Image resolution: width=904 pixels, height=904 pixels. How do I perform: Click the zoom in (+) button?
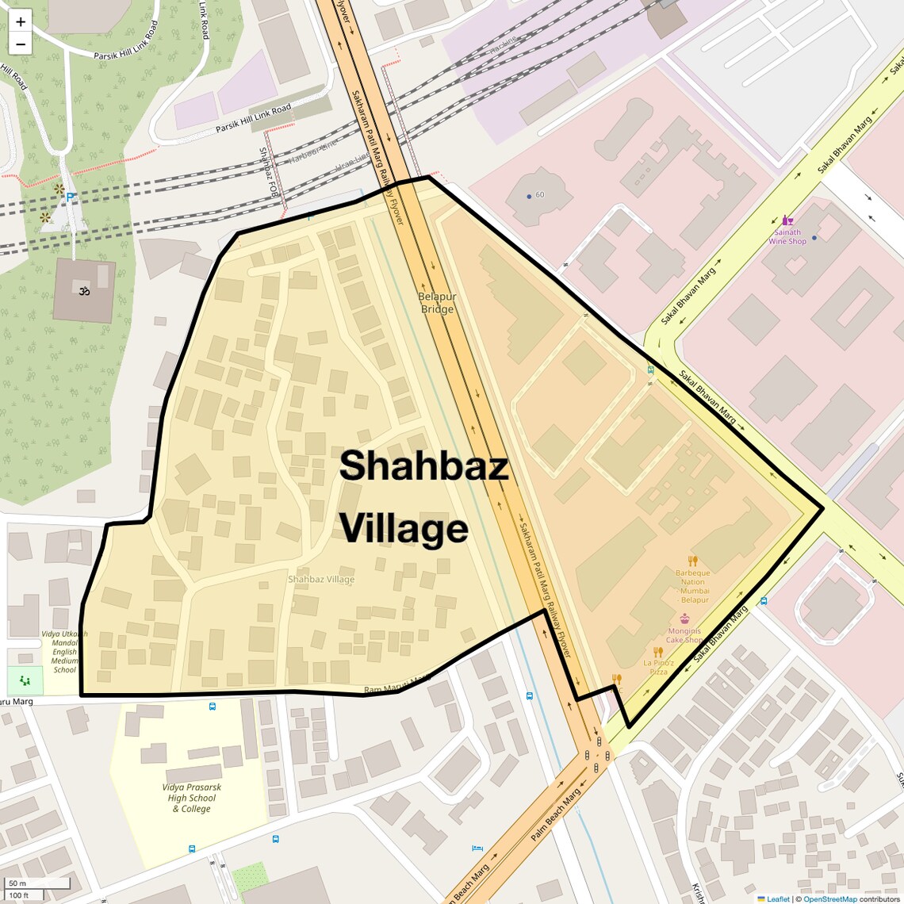click(x=21, y=22)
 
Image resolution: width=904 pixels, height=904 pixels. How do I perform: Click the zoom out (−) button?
click(x=21, y=44)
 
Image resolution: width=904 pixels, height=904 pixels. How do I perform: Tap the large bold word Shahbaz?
click(x=423, y=465)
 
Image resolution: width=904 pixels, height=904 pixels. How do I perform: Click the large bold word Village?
click(x=404, y=529)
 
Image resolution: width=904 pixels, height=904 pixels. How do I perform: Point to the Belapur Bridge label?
click(x=437, y=303)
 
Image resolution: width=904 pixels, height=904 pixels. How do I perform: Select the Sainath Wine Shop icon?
click(x=787, y=220)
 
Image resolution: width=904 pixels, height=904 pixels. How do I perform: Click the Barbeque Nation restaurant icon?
click(x=693, y=561)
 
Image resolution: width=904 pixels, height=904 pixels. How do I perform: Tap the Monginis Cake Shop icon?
click(x=684, y=619)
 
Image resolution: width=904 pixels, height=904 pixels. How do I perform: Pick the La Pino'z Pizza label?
click(x=659, y=667)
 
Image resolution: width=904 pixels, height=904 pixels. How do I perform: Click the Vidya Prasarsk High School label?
click(x=191, y=798)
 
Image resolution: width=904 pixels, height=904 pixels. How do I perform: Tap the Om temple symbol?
click(x=83, y=291)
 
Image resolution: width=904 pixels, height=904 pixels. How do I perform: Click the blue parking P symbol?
click(x=71, y=197)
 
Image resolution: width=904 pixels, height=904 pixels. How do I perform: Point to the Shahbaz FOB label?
click(x=268, y=172)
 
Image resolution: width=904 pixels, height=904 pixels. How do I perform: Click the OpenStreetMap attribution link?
click(x=829, y=898)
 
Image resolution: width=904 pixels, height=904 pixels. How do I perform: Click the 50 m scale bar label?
click(x=18, y=883)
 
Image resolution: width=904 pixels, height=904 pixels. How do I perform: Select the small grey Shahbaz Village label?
click(x=321, y=580)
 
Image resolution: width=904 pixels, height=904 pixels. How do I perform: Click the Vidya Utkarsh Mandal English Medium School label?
click(x=65, y=652)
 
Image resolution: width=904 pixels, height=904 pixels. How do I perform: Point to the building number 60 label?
click(x=540, y=194)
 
